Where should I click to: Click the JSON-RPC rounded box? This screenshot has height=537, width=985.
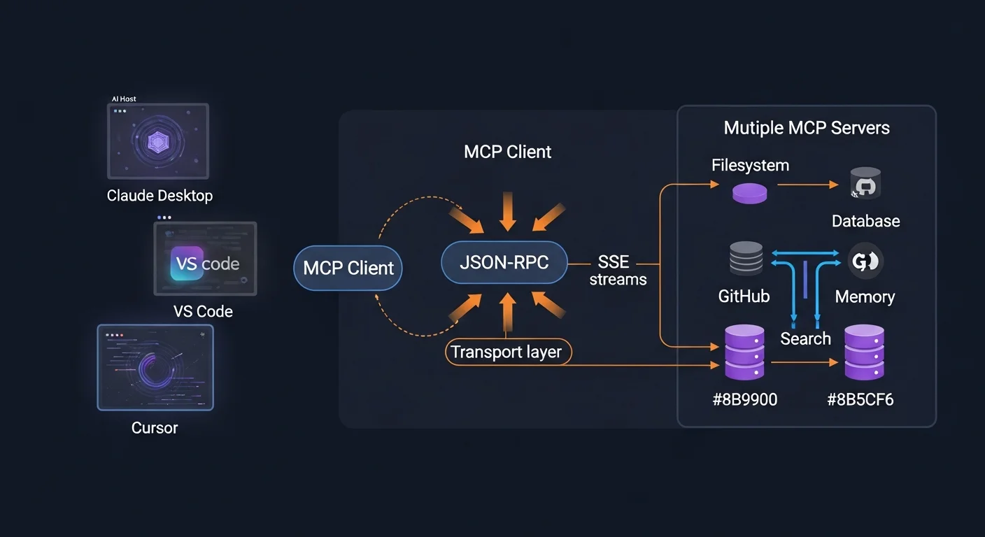[x=504, y=264]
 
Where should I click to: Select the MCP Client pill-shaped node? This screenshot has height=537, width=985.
[x=348, y=268]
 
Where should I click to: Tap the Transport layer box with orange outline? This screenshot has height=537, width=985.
[x=508, y=352]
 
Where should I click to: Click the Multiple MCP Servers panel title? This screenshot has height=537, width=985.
[x=807, y=128]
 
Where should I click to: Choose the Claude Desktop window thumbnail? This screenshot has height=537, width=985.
[x=158, y=141]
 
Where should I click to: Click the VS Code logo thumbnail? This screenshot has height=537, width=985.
[x=205, y=259]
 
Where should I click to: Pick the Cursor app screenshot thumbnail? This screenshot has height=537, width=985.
[x=155, y=367]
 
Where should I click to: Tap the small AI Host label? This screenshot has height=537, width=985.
[x=124, y=99]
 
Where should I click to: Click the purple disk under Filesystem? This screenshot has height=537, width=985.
[x=749, y=193]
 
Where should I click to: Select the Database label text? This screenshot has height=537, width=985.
[x=865, y=222]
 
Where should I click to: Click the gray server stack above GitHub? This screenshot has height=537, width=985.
[x=746, y=259]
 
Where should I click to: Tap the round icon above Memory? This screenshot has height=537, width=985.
[x=865, y=262]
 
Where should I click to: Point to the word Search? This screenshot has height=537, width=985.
[x=805, y=339]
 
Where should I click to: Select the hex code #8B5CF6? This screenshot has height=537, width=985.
[x=860, y=400]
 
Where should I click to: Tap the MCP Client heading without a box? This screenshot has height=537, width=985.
[x=507, y=152]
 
